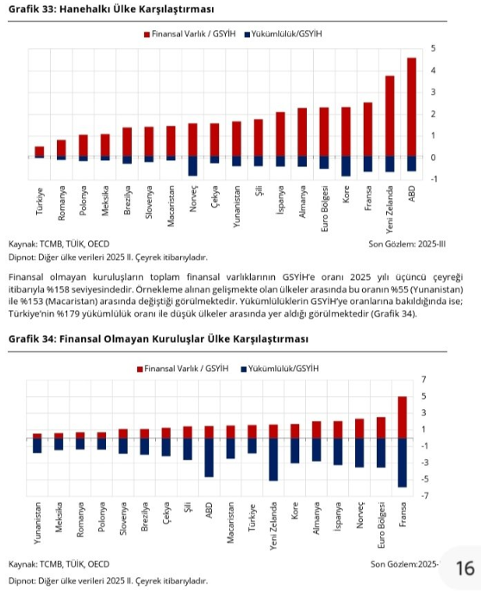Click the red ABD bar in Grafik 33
click(x=411, y=107)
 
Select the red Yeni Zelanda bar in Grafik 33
click(x=390, y=116)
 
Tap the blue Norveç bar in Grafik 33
click(x=193, y=165)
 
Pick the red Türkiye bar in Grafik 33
click(x=40, y=152)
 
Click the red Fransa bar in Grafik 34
click(x=403, y=418)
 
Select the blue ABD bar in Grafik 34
click(x=209, y=457)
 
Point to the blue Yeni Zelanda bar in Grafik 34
click(x=273, y=460)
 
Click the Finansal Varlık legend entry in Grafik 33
click(x=190, y=34)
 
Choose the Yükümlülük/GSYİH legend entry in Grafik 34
click(x=279, y=369)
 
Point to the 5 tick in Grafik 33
click(x=433, y=48)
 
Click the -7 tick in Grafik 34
click(x=424, y=495)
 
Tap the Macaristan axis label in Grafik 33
click(x=171, y=206)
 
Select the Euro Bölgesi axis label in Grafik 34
click(x=381, y=525)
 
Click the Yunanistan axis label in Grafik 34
click(x=37, y=523)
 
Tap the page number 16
click(x=465, y=568)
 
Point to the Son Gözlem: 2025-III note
click(x=407, y=244)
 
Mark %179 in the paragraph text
click(x=68, y=314)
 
